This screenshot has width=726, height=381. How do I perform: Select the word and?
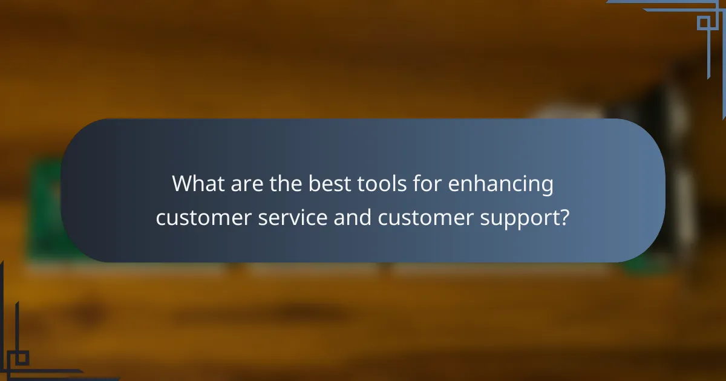352,217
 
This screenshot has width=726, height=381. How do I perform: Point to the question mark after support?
564,217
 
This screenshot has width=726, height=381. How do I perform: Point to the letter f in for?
404,183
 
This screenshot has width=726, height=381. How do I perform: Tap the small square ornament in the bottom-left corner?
22,358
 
